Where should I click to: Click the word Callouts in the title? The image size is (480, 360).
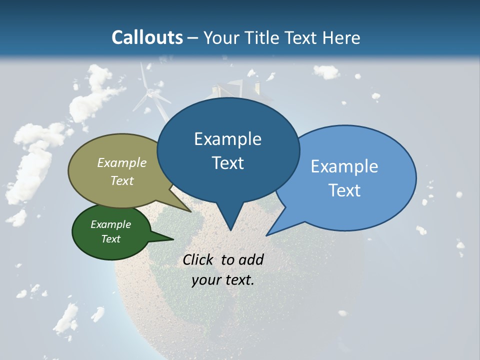(147, 37)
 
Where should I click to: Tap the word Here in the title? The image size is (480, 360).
(341, 37)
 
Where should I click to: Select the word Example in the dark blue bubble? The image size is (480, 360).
(227, 139)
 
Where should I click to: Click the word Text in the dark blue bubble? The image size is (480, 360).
(227, 163)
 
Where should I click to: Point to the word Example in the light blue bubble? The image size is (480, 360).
(344, 166)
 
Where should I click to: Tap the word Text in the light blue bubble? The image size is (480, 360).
(344, 190)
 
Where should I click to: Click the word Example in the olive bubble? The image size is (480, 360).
(122, 163)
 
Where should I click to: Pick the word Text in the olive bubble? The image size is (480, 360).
(122, 180)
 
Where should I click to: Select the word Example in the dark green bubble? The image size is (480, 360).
(111, 224)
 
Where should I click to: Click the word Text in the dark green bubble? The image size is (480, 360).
(111, 239)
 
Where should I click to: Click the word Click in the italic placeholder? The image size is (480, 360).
(197, 260)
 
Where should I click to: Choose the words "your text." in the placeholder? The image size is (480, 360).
(223, 280)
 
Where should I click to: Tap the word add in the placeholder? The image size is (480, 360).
(251, 260)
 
